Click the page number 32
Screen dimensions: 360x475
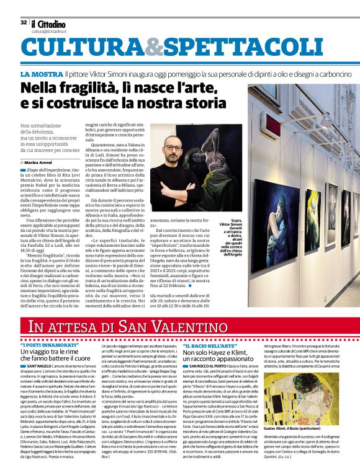click(x=24, y=22)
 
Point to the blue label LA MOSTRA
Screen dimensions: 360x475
click(x=41, y=74)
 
